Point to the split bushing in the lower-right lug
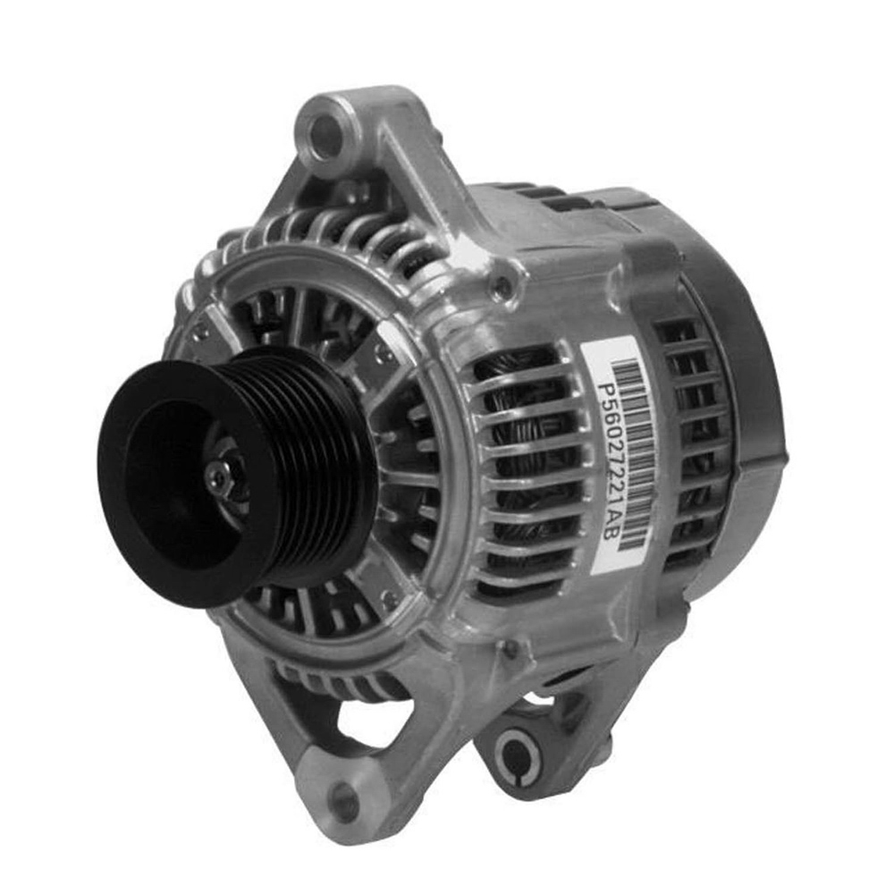518,752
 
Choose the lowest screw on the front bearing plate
386,597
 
